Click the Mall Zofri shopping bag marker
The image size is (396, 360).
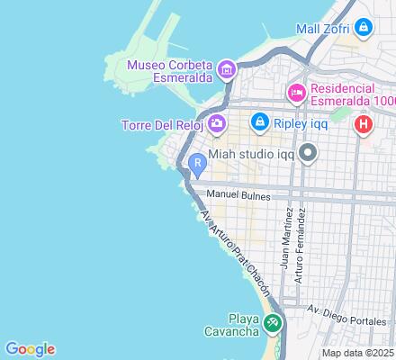point(363,28)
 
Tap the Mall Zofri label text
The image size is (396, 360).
point(324,28)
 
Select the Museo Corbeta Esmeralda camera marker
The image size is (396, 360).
point(226,68)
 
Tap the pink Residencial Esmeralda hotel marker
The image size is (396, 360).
point(296,93)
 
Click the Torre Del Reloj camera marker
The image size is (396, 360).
point(216,123)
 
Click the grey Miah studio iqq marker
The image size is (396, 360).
point(309,153)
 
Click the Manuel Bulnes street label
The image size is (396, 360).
point(238,194)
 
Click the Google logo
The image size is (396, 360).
point(30,349)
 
